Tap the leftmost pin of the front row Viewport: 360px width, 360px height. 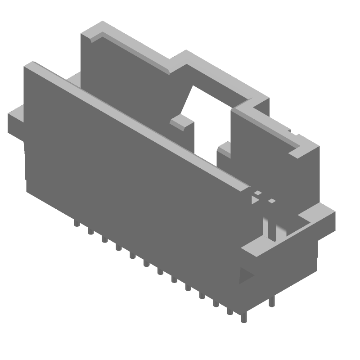click(x=76, y=223)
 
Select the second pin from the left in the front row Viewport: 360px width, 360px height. click(x=90, y=231)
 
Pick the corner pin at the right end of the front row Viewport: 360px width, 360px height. click(x=243, y=317)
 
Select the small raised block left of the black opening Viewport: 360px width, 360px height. click(x=181, y=122)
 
